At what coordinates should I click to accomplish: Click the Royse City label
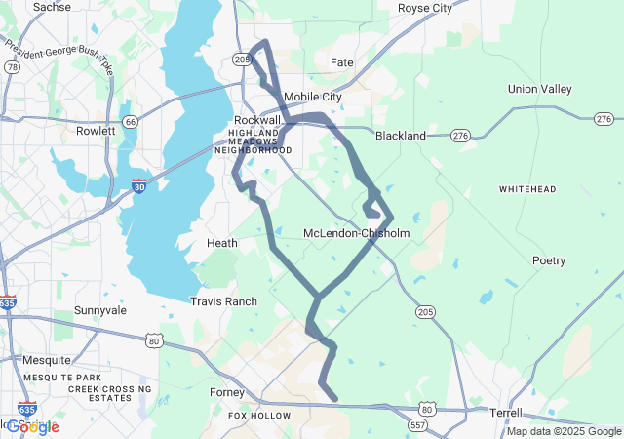[425, 8]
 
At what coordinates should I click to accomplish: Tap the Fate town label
[341, 62]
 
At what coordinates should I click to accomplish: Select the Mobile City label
[313, 97]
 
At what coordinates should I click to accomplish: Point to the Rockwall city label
[257, 119]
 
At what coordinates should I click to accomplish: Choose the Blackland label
[401, 136]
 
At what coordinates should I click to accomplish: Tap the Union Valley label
[539, 89]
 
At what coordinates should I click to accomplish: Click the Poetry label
[548, 260]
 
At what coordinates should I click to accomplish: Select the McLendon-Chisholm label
[357, 233]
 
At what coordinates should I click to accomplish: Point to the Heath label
[222, 242]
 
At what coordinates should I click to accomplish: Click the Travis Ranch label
[223, 301]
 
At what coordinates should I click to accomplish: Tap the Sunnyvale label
[100, 310]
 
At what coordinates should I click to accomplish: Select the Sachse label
[52, 7]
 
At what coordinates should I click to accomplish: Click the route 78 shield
[11, 67]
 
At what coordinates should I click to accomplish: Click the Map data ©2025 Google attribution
[564, 431]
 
